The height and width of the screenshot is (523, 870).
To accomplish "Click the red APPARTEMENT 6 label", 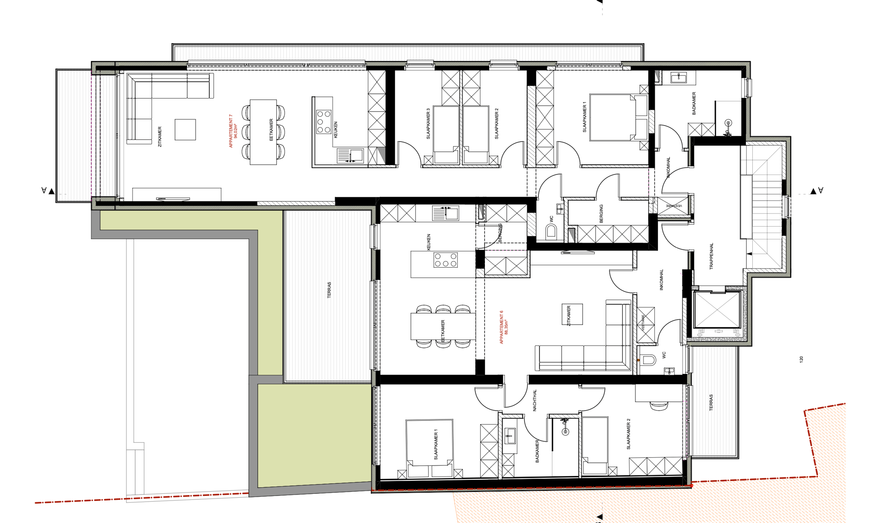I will (x=504, y=327).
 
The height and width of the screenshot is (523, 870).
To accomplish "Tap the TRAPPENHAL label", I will (x=711, y=256).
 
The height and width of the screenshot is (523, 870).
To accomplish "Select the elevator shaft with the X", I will (x=717, y=310).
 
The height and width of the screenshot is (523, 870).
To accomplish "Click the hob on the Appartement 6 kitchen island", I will (x=445, y=260).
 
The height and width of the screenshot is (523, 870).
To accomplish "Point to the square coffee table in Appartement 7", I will (x=185, y=129).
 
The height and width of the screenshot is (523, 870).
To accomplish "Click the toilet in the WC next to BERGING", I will (x=551, y=231).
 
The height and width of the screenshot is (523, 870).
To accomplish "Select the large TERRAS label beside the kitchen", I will (x=329, y=290).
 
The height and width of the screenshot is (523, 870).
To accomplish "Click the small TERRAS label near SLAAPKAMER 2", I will (x=711, y=402).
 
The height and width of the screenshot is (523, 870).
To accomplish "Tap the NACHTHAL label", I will (x=535, y=400).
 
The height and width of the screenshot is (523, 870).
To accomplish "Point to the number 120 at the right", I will (x=801, y=359).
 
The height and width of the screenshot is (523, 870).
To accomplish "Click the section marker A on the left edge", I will (x=44, y=190).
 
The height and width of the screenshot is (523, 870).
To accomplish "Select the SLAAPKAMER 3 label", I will (x=428, y=124).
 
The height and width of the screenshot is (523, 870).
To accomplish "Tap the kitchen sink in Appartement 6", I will (x=446, y=214).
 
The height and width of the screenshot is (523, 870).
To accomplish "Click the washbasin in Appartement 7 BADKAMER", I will (x=678, y=78).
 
